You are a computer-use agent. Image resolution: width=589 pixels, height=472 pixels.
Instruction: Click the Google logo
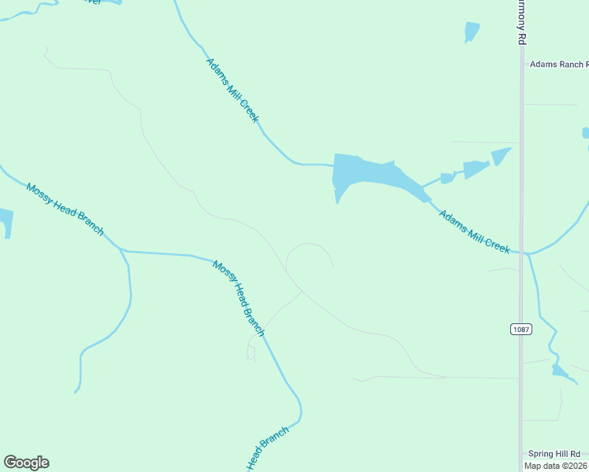point(27,463)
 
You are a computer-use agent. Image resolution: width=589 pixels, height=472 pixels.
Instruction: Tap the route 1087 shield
point(520,329)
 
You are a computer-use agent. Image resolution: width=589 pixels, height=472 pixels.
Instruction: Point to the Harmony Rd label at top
point(520,22)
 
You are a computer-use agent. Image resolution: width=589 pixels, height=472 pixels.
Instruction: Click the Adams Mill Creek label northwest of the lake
point(232,89)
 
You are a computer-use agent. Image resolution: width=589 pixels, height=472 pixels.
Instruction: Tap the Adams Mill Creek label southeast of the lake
point(474,230)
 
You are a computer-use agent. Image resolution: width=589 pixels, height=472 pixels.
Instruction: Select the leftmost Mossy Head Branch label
point(65,209)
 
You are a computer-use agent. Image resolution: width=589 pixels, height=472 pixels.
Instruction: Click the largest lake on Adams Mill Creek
point(370,175)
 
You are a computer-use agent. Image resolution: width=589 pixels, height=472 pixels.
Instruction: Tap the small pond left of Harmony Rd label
point(472,31)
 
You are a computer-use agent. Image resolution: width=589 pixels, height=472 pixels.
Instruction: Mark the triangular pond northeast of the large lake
point(501,156)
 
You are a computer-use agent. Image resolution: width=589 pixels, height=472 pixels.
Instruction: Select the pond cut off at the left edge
point(5,222)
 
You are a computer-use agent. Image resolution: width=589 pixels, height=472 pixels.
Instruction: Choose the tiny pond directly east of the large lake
point(447,178)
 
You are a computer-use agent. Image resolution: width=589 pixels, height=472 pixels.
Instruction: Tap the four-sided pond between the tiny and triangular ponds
point(476,168)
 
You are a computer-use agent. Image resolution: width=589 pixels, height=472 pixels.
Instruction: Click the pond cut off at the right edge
point(585,133)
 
